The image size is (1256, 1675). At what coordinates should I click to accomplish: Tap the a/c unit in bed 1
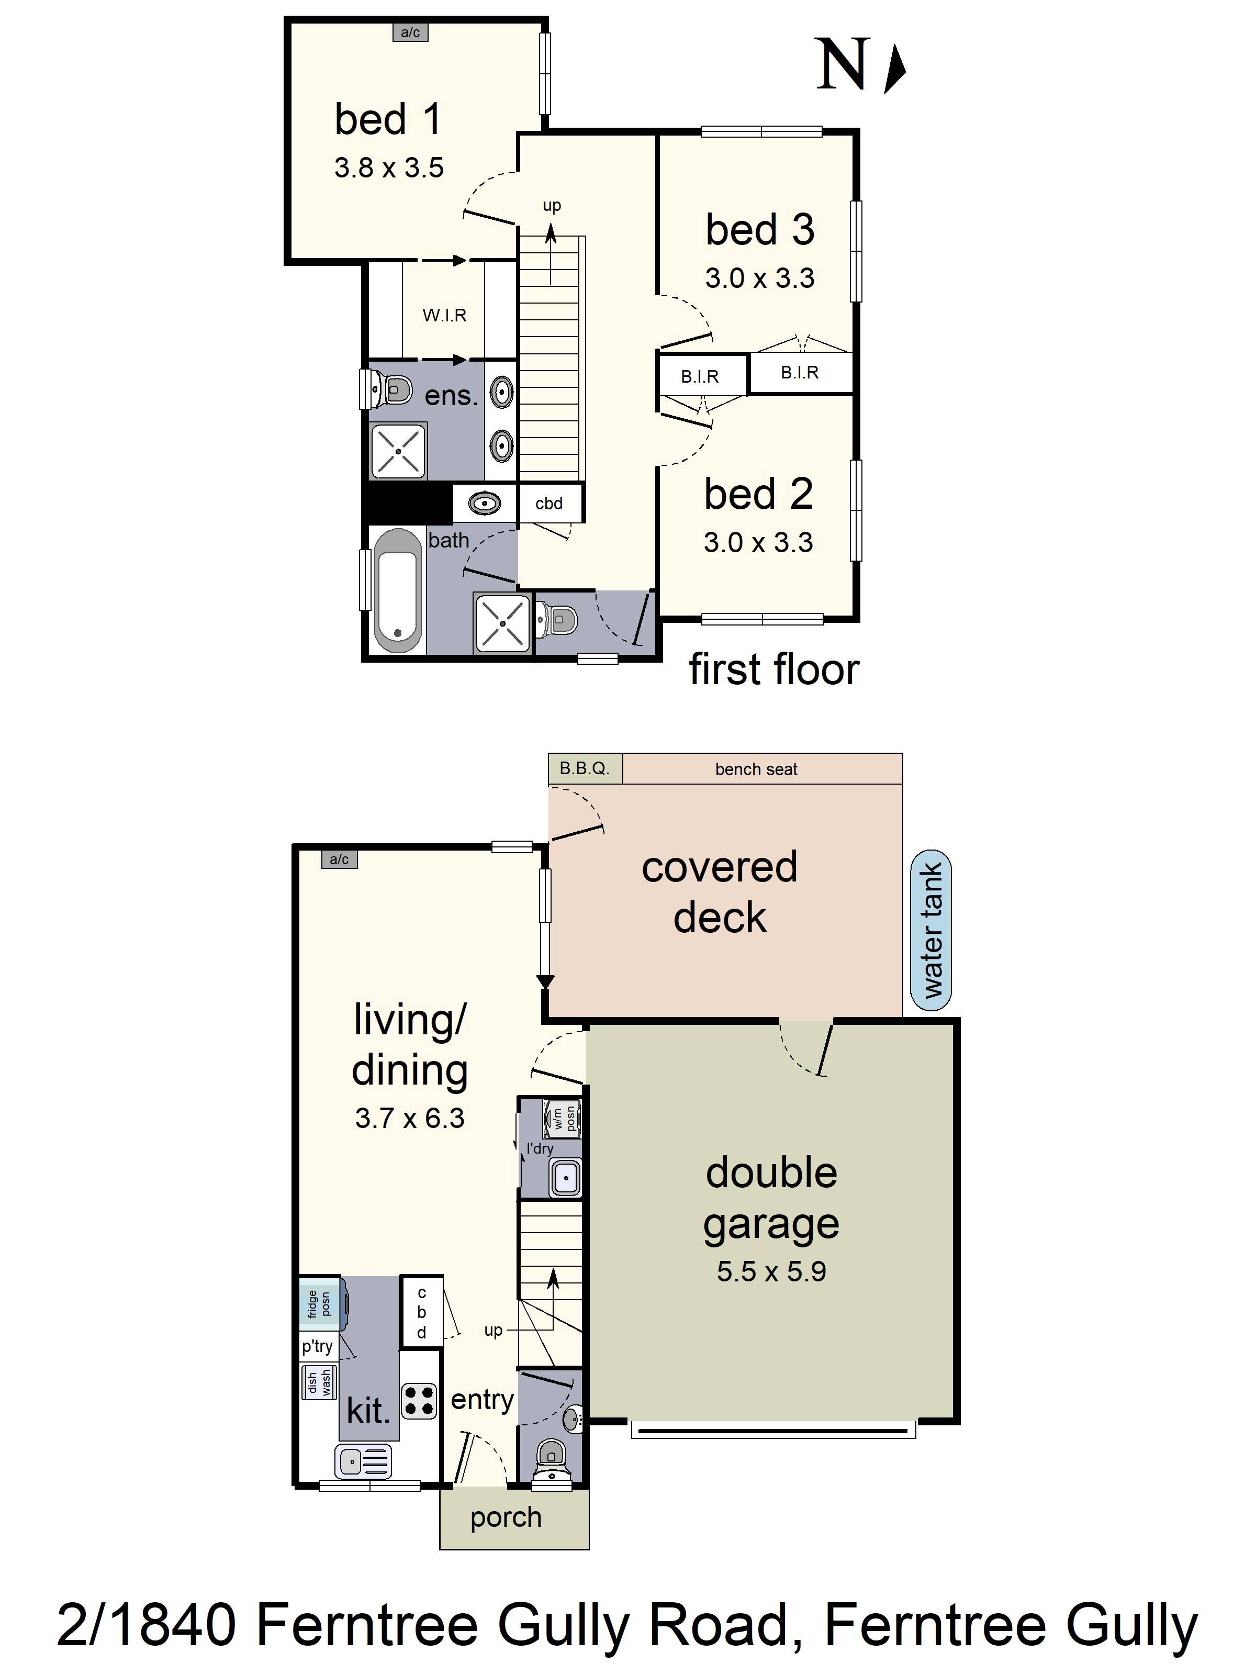pos(410,32)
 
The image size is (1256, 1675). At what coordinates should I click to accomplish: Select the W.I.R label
pos(444,315)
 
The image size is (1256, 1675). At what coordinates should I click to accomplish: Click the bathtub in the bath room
pos(397,590)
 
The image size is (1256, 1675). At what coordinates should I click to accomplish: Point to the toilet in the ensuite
pos(388,390)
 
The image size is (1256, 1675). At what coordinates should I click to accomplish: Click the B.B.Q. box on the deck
pos(585,768)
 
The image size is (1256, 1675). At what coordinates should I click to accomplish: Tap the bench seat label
pos(756,769)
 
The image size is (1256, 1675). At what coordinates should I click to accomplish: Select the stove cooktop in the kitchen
pos(419,1400)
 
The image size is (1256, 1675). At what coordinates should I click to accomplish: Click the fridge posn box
pos(320,1304)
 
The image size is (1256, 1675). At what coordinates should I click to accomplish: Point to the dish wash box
pos(319,1381)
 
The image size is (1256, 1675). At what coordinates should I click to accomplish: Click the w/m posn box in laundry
pos(563,1119)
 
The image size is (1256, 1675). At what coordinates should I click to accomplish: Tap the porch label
pos(506,1517)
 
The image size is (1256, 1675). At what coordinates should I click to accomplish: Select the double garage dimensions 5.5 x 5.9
pos(771,1271)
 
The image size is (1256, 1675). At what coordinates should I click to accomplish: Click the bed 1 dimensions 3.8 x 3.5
pos(389,167)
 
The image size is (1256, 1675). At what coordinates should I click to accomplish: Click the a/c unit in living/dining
pos(339,859)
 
